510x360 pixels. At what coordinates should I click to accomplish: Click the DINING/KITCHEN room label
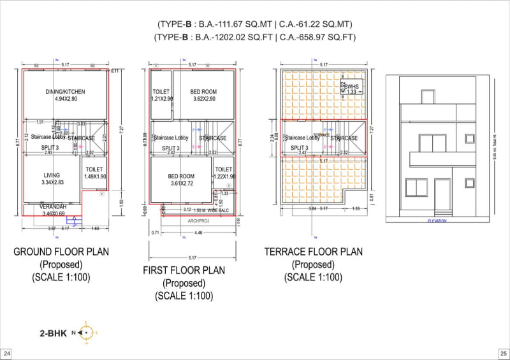tap(65, 92)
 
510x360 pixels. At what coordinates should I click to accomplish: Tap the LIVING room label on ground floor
tap(52, 175)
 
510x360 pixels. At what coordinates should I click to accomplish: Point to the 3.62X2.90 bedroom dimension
tap(203, 99)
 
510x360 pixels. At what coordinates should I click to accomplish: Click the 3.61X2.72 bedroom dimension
tap(181, 184)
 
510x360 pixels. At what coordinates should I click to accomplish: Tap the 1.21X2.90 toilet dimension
tap(161, 99)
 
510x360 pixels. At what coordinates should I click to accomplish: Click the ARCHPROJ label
tap(198, 221)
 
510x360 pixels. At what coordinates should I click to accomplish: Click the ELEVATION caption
tap(437, 221)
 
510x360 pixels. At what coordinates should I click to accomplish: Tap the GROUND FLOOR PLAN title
tap(61, 252)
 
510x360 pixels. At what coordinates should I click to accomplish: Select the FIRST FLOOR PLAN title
tap(184, 271)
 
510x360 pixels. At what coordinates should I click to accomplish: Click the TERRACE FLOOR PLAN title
tap(313, 252)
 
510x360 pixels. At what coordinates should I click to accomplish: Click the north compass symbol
tap(87, 333)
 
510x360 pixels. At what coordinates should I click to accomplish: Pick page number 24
tap(7, 353)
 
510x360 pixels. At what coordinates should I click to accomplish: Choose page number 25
tap(502, 353)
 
